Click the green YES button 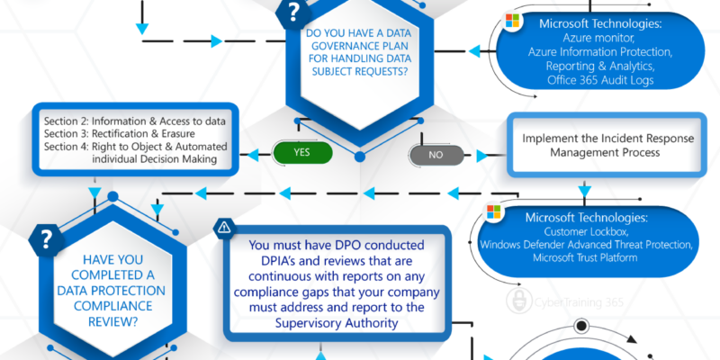(302, 152)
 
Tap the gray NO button (436, 155)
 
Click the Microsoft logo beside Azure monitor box (512, 20)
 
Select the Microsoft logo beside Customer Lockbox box (493, 211)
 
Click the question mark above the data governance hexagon (293, 13)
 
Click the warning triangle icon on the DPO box (224, 227)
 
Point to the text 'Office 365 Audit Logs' (600, 80)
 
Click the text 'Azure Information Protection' (600, 52)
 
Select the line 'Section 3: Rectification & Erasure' (120, 133)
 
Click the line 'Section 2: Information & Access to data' (135, 121)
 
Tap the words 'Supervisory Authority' (337, 323)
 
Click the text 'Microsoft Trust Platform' (585, 257)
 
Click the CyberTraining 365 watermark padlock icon (519, 301)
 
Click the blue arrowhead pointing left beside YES (254, 155)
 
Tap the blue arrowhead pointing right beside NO (482, 156)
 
